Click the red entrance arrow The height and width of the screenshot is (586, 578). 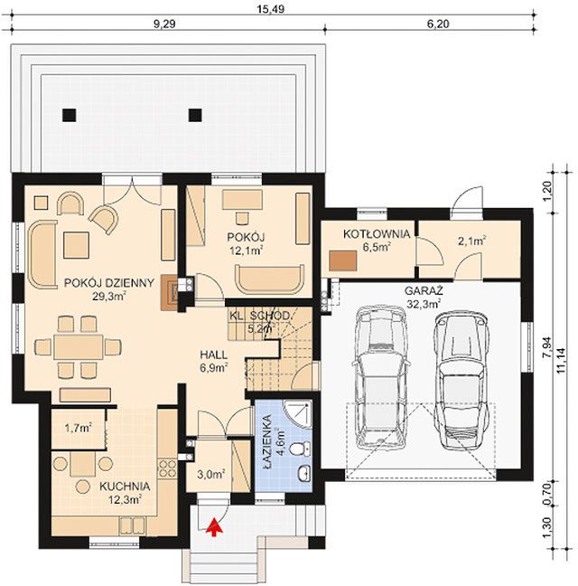(x=214, y=527)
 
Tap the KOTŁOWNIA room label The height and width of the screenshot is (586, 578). (x=377, y=234)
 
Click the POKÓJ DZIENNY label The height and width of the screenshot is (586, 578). (x=109, y=283)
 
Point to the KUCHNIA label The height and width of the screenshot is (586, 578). (x=125, y=487)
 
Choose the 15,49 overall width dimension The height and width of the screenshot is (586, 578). (x=271, y=9)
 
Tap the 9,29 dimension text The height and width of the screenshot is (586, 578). (x=164, y=24)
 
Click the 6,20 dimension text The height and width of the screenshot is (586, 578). (x=438, y=24)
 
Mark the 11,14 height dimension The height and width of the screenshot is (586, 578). (x=561, y=360)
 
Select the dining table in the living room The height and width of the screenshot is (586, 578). (x=78, y=347)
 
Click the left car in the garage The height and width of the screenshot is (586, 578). (x=380, y=377)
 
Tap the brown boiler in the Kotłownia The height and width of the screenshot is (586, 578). (x=342, y=260)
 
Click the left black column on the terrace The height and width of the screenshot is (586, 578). (x=69, y=116)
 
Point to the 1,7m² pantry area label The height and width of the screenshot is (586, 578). (x=79, y=428)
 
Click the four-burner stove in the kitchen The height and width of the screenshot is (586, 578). (x=168, y=468)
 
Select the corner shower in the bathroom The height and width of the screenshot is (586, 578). (x=297, y=413)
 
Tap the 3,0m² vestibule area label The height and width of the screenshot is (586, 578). (x=210, y=474)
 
